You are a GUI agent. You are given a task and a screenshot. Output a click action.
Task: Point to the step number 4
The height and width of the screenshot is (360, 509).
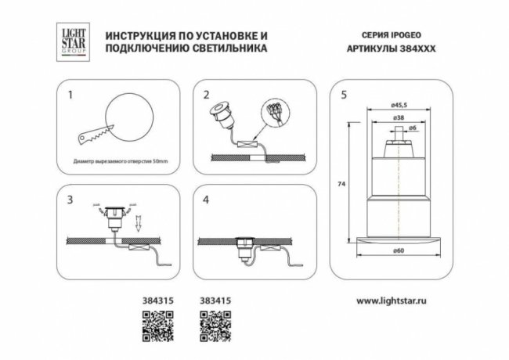(206, 200)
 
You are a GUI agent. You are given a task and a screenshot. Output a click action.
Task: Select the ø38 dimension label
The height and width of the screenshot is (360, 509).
(400, 118)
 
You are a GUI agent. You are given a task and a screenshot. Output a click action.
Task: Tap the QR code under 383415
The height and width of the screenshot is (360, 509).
(212, 324)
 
